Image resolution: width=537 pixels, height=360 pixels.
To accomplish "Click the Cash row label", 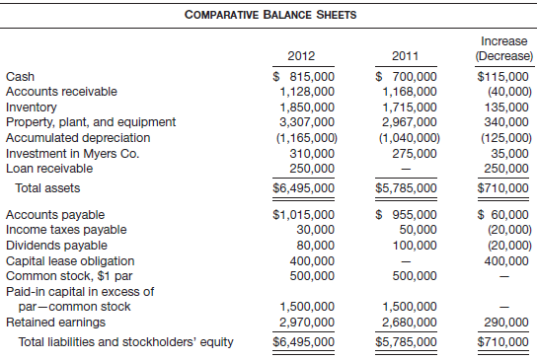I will click(18, 76).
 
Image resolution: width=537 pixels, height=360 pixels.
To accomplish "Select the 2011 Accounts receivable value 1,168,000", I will click(407, 92).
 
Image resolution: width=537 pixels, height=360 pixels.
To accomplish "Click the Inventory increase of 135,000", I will click(505, 107).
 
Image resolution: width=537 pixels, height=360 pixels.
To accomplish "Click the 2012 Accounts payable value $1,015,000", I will click(303, 214).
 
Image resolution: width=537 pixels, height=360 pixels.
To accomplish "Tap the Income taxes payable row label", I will click(65, 230).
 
